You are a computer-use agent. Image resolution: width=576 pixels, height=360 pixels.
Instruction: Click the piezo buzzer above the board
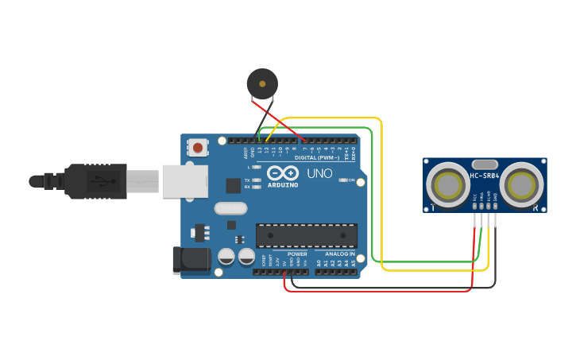(x=262, y=83)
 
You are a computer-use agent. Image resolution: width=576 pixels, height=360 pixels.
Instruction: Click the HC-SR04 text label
(x=484, y=176)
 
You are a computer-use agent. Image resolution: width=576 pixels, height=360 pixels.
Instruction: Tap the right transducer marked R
(x=522, y=185)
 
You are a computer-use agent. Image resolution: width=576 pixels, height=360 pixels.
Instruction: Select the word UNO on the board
(x=319, y=173)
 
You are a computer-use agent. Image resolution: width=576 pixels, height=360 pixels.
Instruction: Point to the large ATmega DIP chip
(x=306, y=235)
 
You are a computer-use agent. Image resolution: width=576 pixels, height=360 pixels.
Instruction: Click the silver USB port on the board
(x=185, y=180)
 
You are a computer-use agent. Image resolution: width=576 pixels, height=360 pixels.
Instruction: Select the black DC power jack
(x=191, y=259)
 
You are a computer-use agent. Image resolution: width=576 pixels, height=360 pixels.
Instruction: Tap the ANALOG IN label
(x=339, y=254)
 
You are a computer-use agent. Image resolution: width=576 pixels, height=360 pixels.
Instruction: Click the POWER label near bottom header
(x=297, y=254)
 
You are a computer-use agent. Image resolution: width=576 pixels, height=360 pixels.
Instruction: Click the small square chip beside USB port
(x=233, y=185)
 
